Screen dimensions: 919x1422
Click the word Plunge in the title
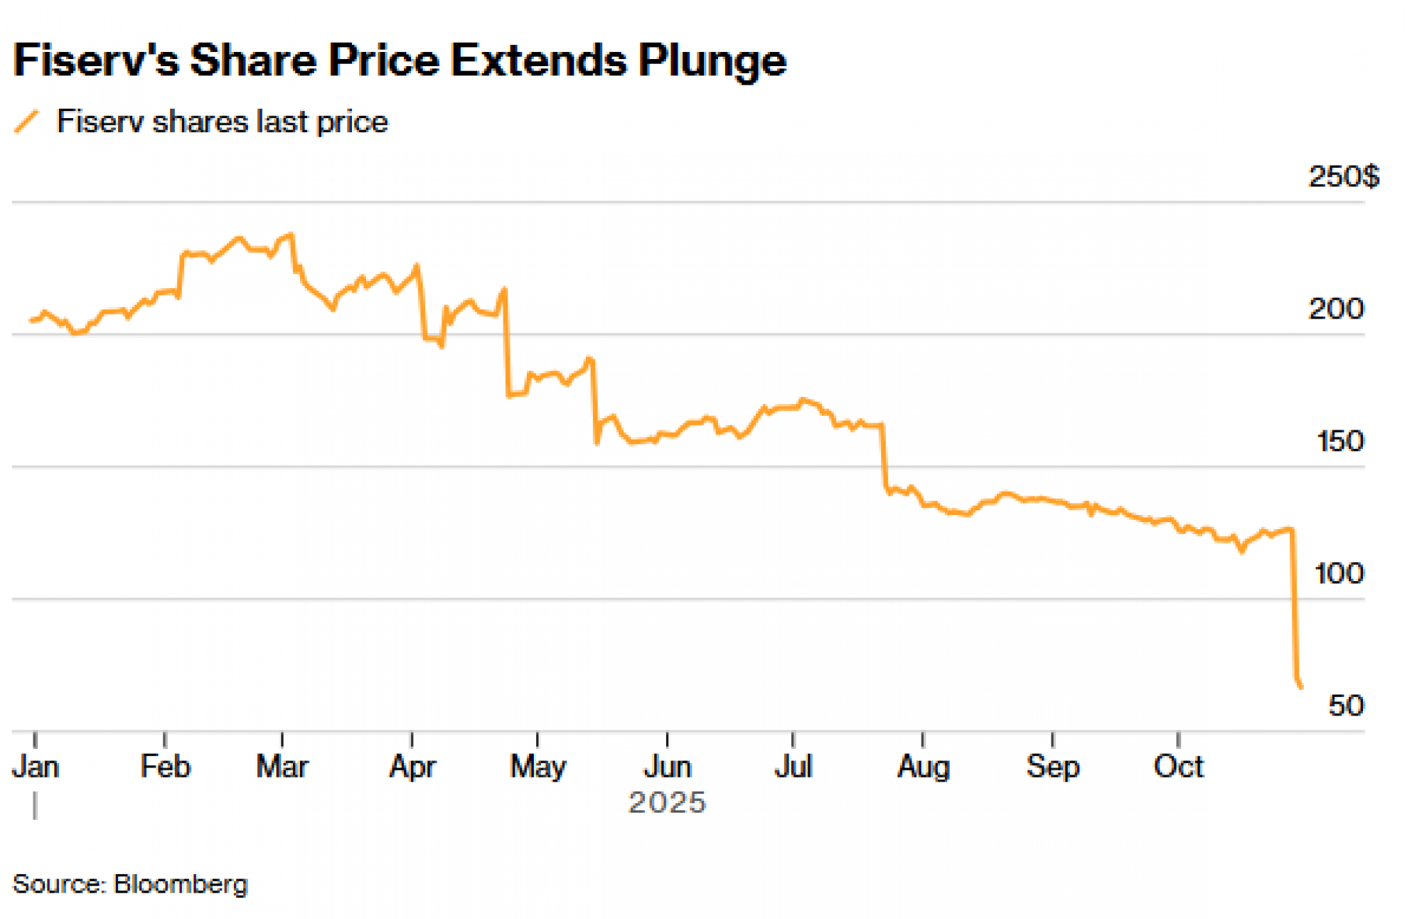click(712, 60)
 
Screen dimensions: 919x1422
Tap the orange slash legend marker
click(26, 122)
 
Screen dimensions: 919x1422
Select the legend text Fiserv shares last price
click(222, 122)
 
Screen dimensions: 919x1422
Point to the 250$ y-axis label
click(1343, 176)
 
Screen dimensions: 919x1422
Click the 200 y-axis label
click(1336, 309)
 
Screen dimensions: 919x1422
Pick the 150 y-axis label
click(1340, 442)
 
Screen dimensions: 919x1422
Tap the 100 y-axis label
click(1339, 573)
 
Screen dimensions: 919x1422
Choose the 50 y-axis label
click(1346, 706)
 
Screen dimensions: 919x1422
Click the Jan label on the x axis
click(36, 767)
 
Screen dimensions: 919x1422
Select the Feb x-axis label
click(165, 767)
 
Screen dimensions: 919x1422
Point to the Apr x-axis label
click(412, 767)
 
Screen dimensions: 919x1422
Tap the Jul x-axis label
click(793, 767)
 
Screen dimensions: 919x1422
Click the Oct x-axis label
click(1178, 767)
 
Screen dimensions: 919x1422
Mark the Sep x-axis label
click(1052, 767)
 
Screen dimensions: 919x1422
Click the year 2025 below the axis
click(667, 803)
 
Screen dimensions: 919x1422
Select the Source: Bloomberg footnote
click(130, 884)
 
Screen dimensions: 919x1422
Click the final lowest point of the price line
click(1301, 686)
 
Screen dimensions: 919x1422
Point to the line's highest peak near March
click(291, 234)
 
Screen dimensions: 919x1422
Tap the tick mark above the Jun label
click(667, 740)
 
